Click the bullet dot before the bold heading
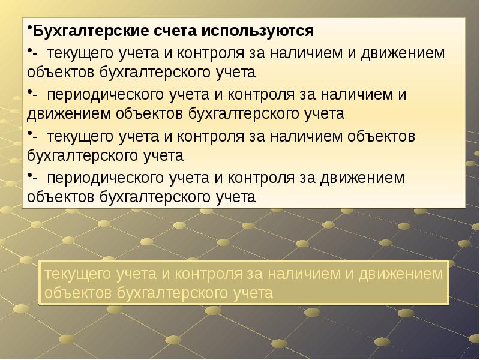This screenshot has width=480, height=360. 29,28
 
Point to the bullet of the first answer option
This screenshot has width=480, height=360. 29,50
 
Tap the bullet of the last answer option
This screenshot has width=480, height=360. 29,175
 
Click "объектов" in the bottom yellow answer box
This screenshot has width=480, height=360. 77,293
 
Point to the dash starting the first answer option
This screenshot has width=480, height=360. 35,53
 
